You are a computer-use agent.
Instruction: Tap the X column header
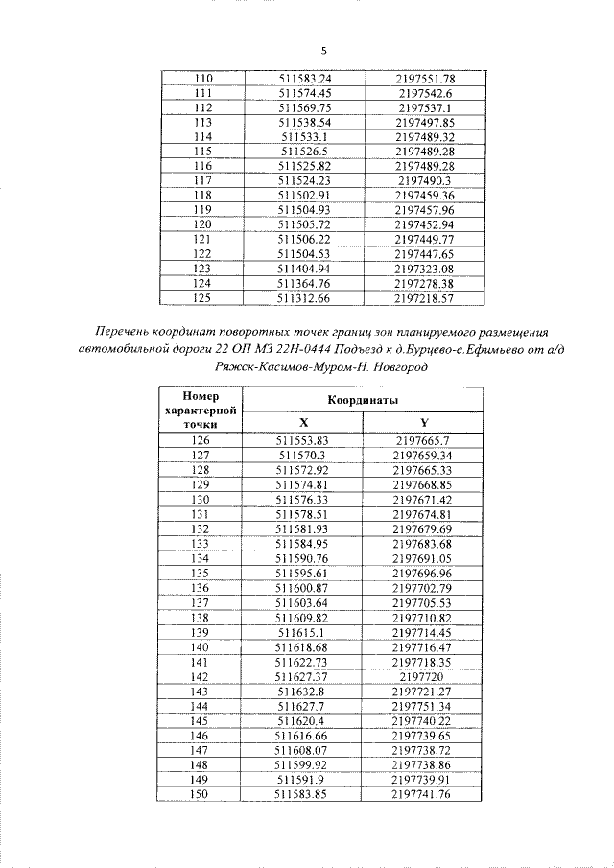pos(303,421)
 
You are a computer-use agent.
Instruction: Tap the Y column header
pos(423,421)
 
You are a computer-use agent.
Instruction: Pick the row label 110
pos(202,79)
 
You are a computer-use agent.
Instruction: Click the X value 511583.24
pos(304,79)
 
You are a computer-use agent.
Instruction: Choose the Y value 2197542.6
pos(423,93)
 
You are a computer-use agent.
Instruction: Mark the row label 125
pos(202,298)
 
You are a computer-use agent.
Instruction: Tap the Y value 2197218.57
pos(423,298)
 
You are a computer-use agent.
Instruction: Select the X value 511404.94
pos(304,270)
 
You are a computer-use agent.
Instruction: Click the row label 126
pos(201,440)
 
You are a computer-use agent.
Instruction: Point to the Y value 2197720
pos(423,676)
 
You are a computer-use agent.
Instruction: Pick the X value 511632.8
pos(303,691)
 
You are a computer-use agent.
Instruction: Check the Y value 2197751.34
pos(423,706)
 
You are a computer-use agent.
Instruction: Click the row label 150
pos(201,794)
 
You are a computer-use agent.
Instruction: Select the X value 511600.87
pos(303,588)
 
